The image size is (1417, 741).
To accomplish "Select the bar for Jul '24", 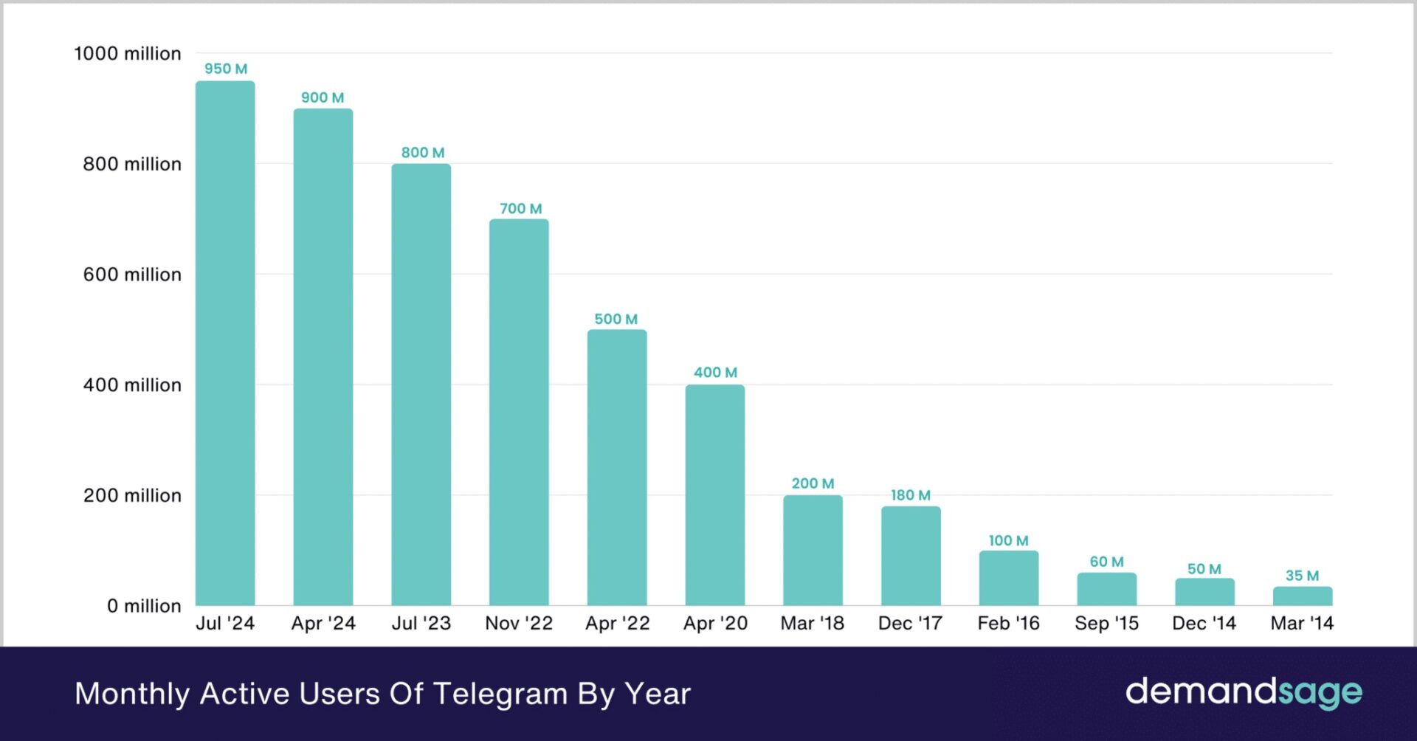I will tap(225, 343).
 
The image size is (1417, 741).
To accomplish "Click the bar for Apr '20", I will tap(714, 494).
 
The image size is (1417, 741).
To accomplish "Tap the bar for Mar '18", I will tap(813, 550).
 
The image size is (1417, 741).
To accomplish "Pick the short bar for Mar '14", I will tap(1302, 596).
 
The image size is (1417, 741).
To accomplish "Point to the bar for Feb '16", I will tap(1008, 578).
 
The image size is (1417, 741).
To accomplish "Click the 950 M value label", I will tap(226, 69).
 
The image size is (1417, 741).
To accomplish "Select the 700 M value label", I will tap(520, 208).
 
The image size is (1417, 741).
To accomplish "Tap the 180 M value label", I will tap(910, 495).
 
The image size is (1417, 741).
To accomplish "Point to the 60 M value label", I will tap(1106, 562).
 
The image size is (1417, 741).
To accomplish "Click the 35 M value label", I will tap(1302, 576).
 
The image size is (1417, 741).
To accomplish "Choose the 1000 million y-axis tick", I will tap(128, 53).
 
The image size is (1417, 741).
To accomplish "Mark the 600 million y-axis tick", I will tap(132, 275).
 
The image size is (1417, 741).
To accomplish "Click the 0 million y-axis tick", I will tap(144, 606).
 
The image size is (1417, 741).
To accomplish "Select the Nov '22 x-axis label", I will tap(519, 624).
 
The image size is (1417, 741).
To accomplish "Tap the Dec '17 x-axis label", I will tap(910, 624).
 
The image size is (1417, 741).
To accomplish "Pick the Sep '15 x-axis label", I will tap(1106, 624).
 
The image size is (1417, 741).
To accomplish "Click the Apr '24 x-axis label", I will tap(323, 624).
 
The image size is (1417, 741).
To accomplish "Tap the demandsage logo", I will tap(1244, 692).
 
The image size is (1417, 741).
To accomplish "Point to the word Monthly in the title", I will tap(132, 694).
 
